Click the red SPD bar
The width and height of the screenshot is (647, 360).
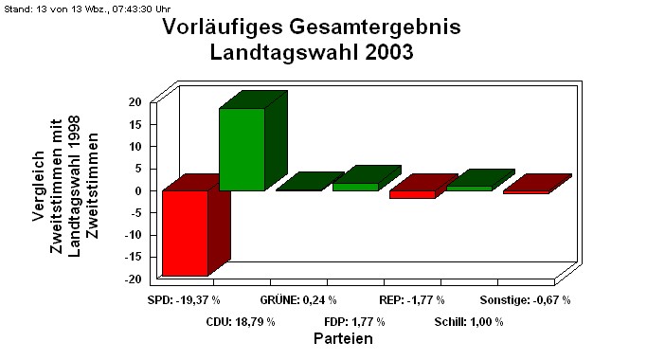point(185,233)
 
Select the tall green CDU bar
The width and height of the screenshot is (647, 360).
point(242,149)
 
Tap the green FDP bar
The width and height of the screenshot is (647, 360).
point(355,187)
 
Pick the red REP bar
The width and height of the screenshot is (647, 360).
point(412,194)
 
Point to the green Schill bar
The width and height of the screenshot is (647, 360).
point(469,188)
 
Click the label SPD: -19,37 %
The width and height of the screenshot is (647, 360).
point(184,300)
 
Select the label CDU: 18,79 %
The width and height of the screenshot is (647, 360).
point(241,322)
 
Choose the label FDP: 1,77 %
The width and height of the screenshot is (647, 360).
point(354,322)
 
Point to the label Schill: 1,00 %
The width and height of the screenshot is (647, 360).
point(469,322)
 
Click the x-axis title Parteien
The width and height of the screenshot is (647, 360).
point(342,338)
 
